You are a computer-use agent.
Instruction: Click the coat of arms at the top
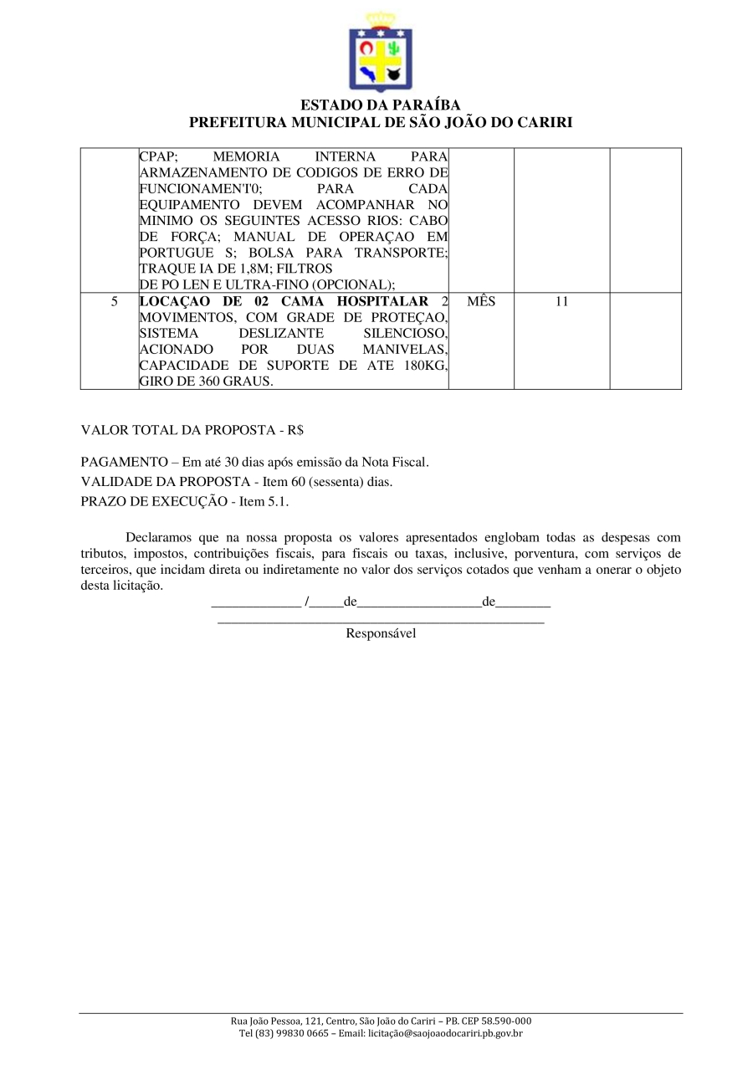pos(381,53)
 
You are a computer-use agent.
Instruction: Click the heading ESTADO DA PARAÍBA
pos(381,105)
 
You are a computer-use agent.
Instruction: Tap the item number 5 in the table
pos(114,301)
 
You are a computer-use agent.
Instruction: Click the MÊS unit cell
pos(481,301)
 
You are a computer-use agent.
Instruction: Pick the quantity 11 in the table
pos(561,301)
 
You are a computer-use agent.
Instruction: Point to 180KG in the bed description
pos(424,365)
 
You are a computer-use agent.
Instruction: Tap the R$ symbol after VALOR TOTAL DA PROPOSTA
pos(295,430)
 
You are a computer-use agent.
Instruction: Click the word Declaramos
pos(159,537)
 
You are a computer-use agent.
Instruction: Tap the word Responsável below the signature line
pos(381,633)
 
